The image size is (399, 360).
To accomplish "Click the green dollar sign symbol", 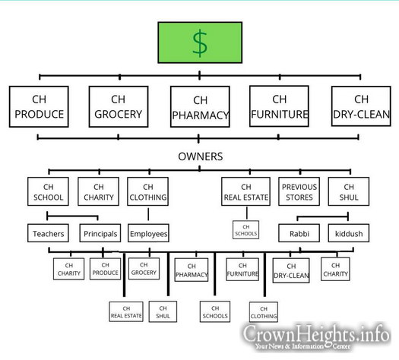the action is (x=200, y=43).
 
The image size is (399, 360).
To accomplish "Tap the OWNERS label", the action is (x=201, y=156).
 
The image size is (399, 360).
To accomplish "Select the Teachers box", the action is (x=48, y=233).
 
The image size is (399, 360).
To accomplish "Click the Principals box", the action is (x=100, y=233).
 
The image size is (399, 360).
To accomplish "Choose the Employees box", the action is (x=148, y=233).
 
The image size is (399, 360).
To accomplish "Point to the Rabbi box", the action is (x=299, y=233).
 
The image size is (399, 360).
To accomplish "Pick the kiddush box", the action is (x=349, y=233).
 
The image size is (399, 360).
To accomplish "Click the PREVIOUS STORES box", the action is (x=299, y=191).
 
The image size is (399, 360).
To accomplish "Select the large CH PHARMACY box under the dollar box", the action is (x=200, y=107).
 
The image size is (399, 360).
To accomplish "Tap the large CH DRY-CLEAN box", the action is (x=361, y=106).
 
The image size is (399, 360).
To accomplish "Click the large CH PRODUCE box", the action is (x=39, y=106).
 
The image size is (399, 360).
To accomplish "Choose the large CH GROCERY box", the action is (x=119, y=106).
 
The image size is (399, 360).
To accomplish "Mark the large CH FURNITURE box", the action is (x=279, y=106).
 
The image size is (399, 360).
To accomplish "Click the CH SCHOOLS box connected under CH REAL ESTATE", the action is (x=245, y=230).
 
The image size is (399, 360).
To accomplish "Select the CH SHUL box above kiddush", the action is (x=349, y=191).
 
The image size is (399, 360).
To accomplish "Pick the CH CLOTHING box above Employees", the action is (x=148, y=191).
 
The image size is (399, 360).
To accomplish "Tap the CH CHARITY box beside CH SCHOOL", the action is (x=99, y=191).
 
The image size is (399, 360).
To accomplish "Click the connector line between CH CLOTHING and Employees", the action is (x=148, y=214).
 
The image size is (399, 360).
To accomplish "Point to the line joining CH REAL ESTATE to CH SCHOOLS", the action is (x=246, y=213).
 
